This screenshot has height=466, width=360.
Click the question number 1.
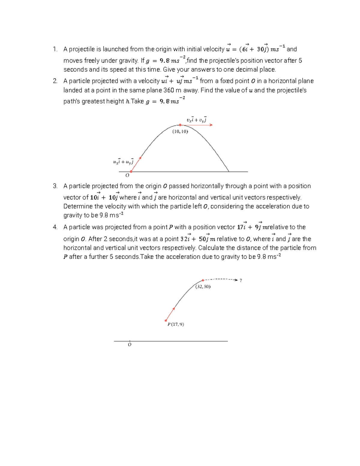55,49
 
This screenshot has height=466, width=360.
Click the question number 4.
55,227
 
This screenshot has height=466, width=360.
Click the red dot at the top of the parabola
180,125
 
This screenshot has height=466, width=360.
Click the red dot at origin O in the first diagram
131,172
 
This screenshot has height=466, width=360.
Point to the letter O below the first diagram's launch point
127,175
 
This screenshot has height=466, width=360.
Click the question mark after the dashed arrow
241,280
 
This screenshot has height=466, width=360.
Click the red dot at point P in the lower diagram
166,320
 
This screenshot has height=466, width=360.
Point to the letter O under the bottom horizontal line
130,345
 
